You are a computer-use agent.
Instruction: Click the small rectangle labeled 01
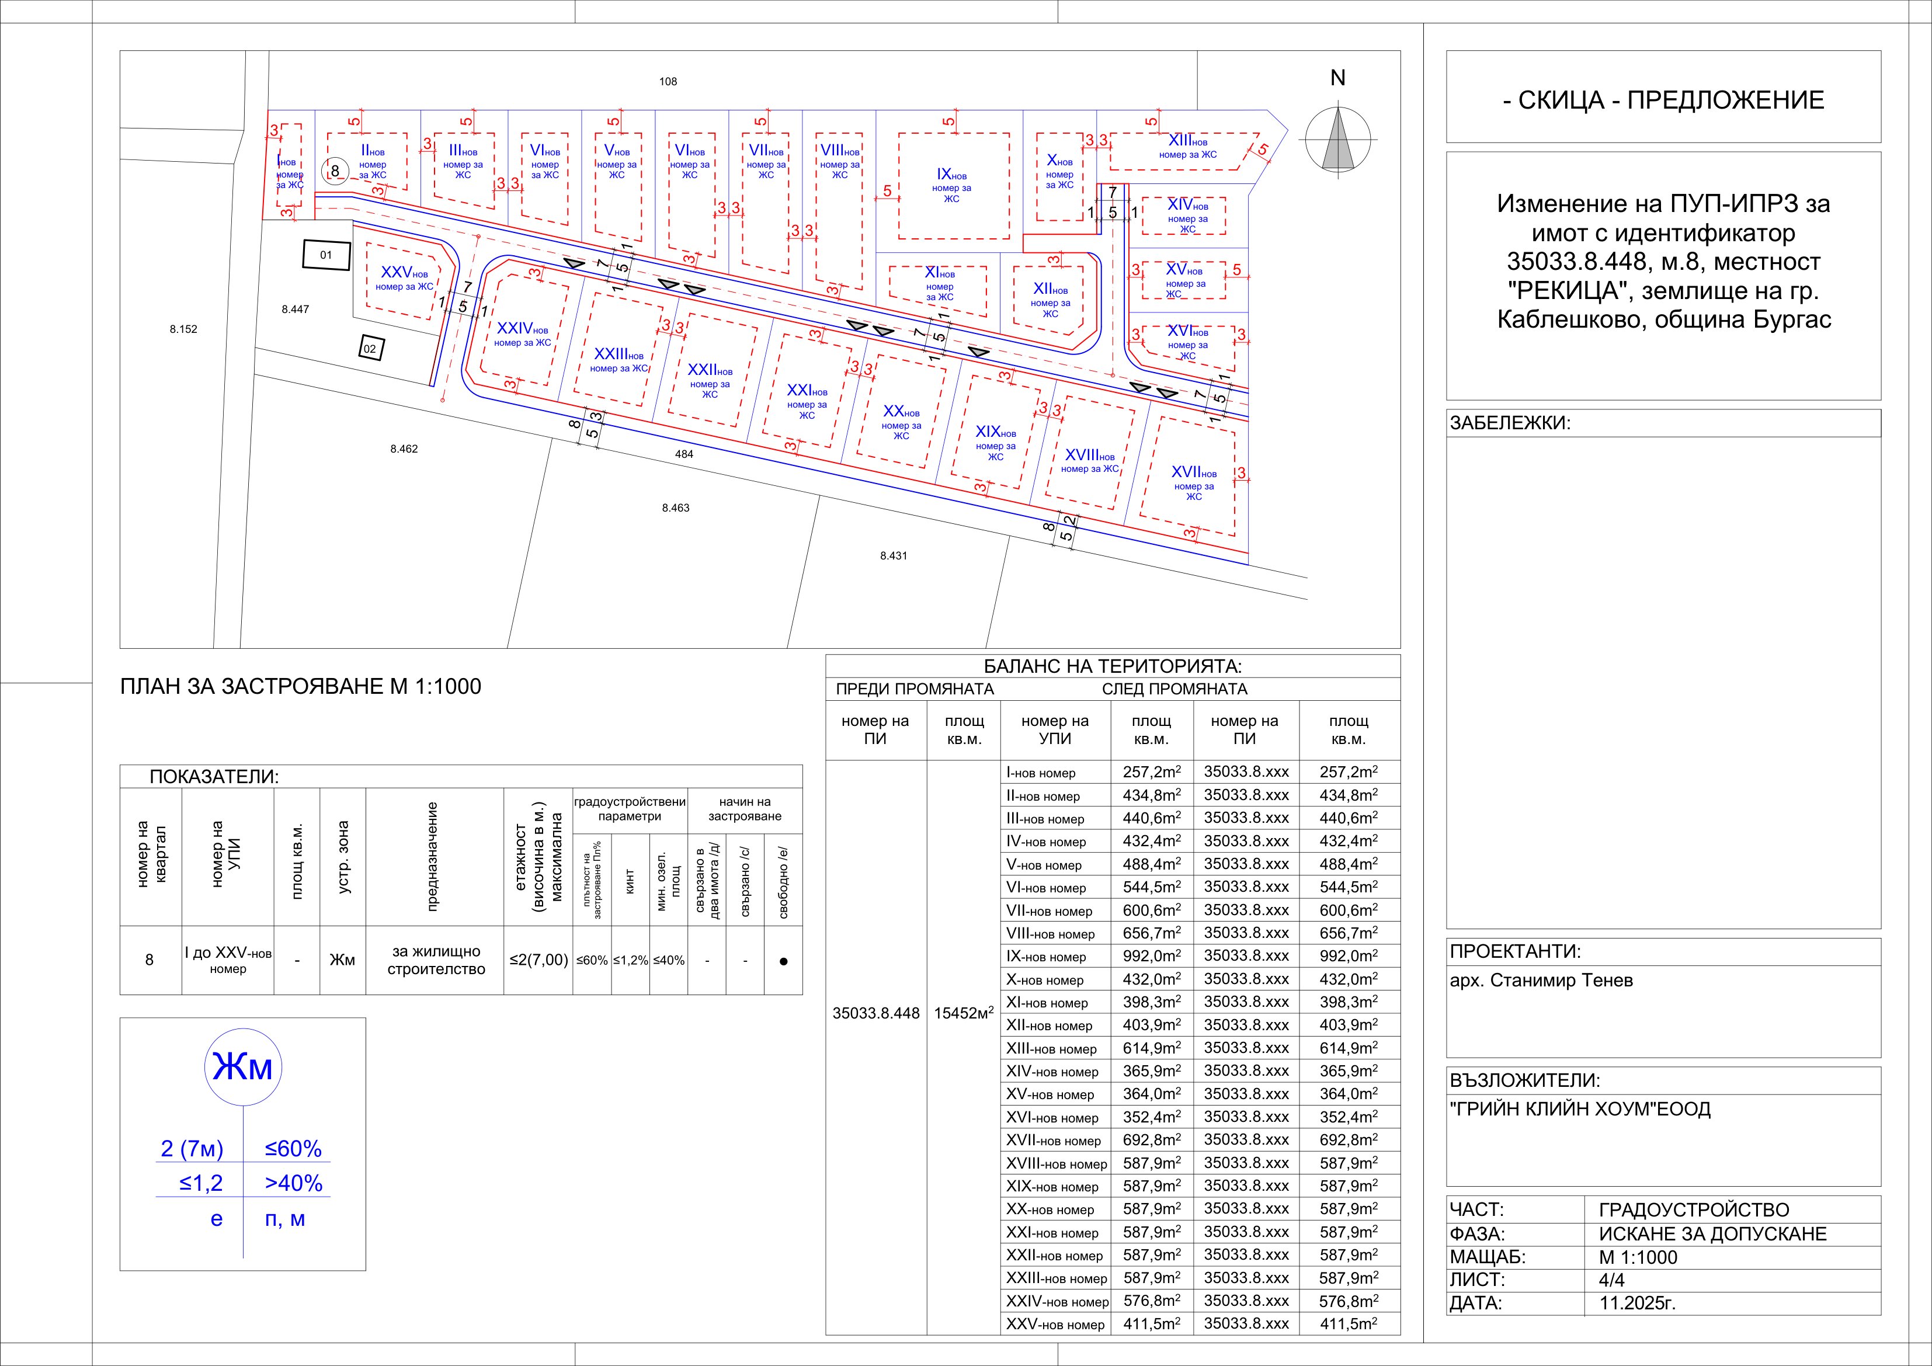[x=326, y=255]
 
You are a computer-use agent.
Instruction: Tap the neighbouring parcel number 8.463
[x=676, y=508]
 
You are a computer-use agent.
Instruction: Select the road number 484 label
[x=684, y=454]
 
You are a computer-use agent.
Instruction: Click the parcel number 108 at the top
[x=668, y=82]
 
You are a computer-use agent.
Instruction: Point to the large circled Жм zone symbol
[x=243, y=1067]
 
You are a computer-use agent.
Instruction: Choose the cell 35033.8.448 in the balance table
[x=876, y=1014]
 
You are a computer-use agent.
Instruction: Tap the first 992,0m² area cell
[x=1151, y=956]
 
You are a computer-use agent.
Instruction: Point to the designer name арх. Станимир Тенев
[x=1541, y=981]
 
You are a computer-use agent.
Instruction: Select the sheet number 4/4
[x=1613, y=1280]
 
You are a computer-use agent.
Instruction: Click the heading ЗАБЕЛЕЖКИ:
[x=1510, y=423]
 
